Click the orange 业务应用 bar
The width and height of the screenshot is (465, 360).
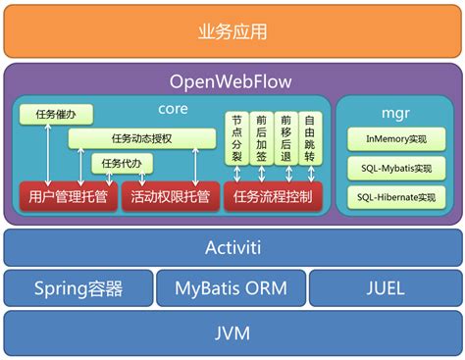coord(232,30)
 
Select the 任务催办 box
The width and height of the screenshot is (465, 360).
coord(55,115)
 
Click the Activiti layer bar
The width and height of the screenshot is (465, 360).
coord(232,248)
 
